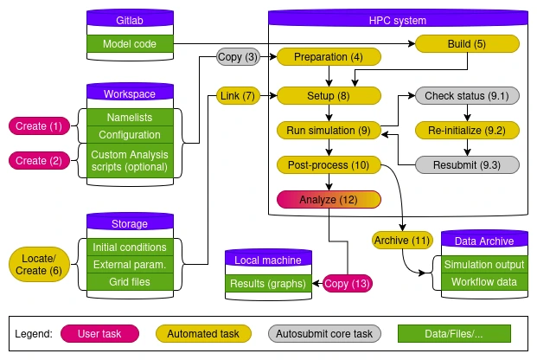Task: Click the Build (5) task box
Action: click(x=467, y=43)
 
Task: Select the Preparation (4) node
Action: click(x=328, y=57)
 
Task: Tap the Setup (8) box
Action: click(x=328, y=95)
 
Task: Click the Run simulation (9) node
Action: click(x=328, y=131)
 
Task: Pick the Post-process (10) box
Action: click(x=328, y=164)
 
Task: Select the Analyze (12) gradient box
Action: click(x=328, y=200)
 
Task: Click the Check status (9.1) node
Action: click(x=467, y=95)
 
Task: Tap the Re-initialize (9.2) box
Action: click(x=467, y=131)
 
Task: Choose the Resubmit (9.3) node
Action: click(x=467, y=164)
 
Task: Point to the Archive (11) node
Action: click(x=402, y=240)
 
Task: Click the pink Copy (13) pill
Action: click(x=348, y=283)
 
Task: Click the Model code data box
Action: click(x=131, y=43)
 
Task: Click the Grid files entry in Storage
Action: click(x=131, y=282)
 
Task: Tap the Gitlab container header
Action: click(x=131, y=19)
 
